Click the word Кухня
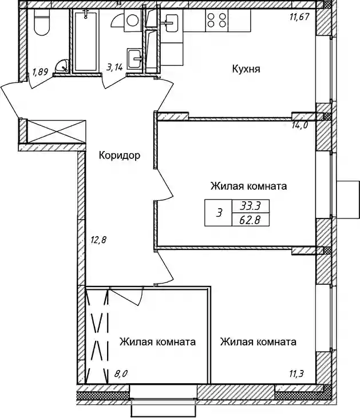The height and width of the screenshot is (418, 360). [x=246, y=69]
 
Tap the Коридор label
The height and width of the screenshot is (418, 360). [x=120, y=155]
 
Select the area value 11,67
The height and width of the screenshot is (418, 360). [x=299, y=17]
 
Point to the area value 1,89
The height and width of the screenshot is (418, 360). [x=40, y=71]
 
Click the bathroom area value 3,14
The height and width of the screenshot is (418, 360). [x=114, y=67]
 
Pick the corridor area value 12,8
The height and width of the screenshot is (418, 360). [x=98, y=240]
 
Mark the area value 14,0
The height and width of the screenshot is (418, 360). [x=300, y=125]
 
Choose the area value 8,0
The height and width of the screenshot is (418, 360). [x=121, y=374]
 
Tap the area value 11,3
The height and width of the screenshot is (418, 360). [x=296, y=374]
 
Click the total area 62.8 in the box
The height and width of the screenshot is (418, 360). [x=250, y=220]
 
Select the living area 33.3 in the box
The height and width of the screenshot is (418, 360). [x=250, y=206]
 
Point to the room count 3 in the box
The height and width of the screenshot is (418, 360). [x=219, y=213]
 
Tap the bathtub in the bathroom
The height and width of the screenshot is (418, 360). [x=85, y=40]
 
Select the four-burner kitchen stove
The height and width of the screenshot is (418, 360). [x=217, y=20]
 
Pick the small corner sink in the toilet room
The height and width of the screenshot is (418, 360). [x=62, y=66]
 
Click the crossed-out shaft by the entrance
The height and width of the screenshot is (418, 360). [x=56, y=132]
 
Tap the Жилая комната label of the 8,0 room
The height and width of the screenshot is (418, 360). [x=157, y=342]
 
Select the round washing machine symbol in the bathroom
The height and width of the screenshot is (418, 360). [x=132, y=21]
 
